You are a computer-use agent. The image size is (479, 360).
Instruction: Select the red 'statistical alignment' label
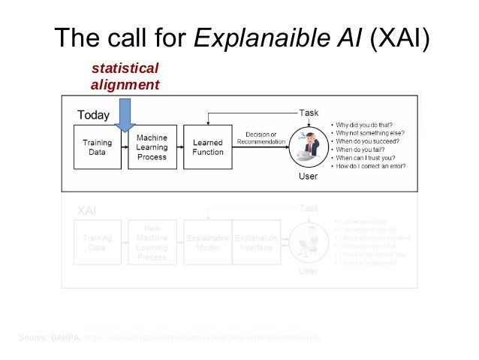tap(125, 77)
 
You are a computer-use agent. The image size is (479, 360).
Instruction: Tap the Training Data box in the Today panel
tap(97, 147)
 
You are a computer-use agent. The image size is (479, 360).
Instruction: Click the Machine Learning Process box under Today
tap(152, 147)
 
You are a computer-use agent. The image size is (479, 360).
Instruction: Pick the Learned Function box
tap(208, 147)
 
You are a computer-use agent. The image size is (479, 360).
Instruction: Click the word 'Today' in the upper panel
tap(94, 116)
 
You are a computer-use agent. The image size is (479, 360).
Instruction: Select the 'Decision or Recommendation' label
tap(261, 138)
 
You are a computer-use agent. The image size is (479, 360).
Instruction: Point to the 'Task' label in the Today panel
tap(309, 113)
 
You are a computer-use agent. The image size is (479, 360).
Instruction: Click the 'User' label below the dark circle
tap(308, 177)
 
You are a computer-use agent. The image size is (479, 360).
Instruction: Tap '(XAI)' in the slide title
tap(398, 38)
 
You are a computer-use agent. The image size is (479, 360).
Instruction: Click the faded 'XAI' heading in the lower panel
tap(87, 212)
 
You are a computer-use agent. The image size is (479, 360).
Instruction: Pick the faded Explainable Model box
tap(208, 242)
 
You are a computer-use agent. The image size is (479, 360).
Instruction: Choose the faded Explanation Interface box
tap(256, 242)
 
